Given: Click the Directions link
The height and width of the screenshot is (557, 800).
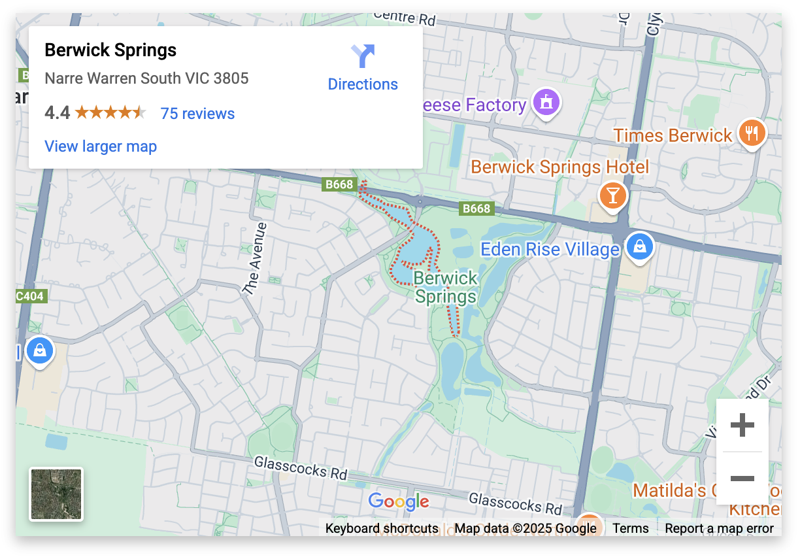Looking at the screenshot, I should (x=363, y=84).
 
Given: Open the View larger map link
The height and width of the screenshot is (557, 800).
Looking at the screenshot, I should (x=101, y=146).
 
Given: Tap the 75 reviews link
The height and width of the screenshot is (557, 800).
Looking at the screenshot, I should (x=197, y=114).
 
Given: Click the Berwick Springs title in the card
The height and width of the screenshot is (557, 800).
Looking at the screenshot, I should (x=110, y=50).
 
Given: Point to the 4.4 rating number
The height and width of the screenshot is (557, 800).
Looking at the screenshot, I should (x=57, y=114).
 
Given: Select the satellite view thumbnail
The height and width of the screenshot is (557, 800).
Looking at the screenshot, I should (x=56, y=494).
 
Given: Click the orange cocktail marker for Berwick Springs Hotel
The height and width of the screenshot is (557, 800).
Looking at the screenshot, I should (x=612, y=195).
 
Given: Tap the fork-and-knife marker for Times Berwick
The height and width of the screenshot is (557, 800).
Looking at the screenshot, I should (x=752, y=133).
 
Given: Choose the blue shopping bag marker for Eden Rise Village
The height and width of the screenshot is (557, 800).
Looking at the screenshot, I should (x=640, y=246).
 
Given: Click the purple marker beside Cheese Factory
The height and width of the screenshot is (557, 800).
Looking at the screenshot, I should (x=546, y=102).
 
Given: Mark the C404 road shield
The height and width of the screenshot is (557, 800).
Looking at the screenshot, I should (x=30, y=296).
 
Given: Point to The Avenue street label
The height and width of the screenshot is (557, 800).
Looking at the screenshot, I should (x=254, y=259).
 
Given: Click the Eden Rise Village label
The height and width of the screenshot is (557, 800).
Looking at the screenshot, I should (x=550, y=249).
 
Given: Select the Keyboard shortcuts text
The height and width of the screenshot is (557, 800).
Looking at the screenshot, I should (x=382, y=528).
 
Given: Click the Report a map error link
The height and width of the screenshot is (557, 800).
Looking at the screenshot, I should (x=719, y=528).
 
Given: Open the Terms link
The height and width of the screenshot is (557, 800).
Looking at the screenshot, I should (x=631, y=528).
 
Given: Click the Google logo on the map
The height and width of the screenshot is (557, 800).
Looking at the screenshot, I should (x=399, y=501).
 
